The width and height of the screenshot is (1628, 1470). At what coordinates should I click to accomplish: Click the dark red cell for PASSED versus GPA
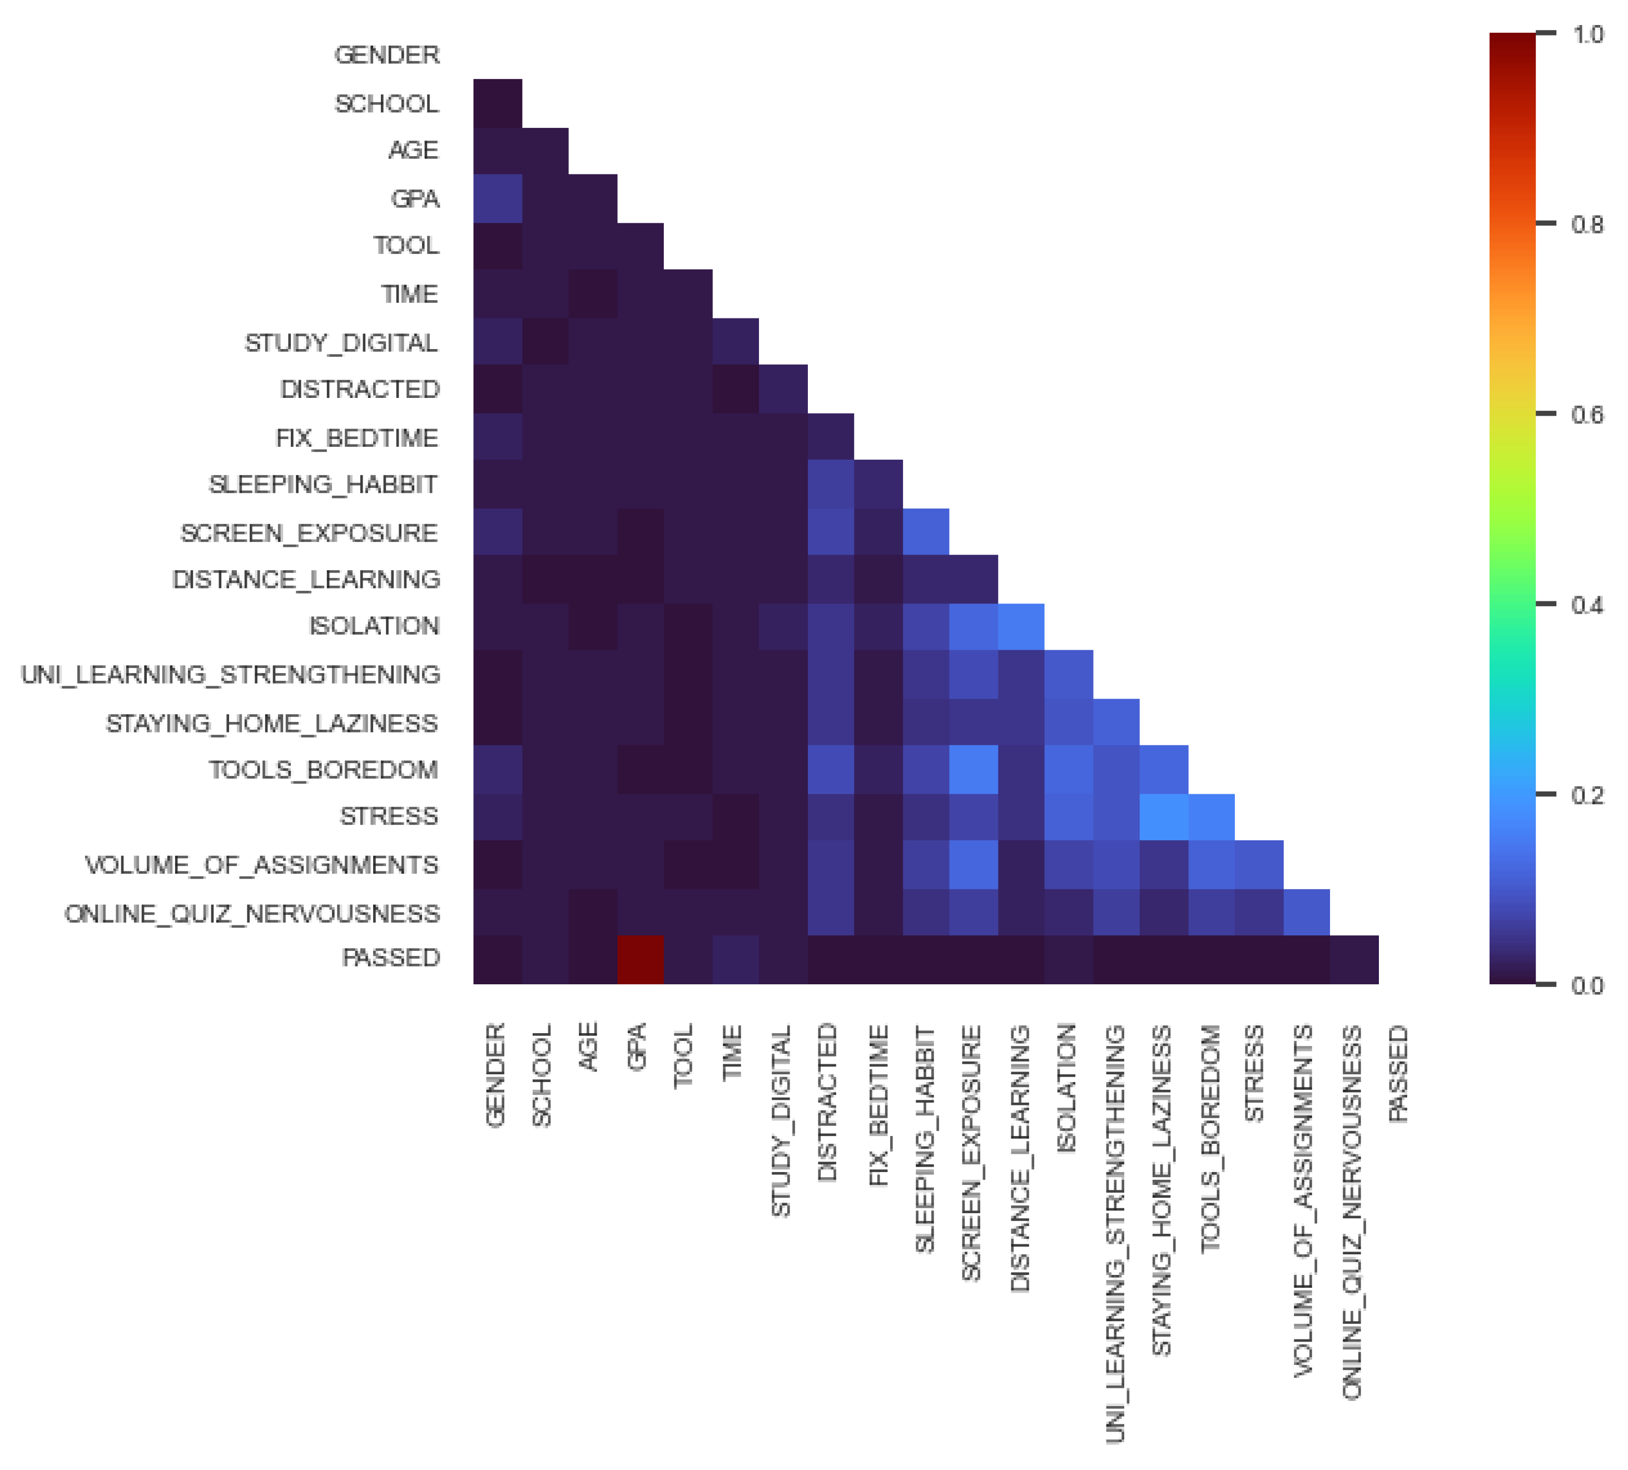(x=641, y=960)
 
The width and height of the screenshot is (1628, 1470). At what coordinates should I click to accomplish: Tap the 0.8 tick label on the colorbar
(x=1587, y=225)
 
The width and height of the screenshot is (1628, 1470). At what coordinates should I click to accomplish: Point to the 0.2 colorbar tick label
(x=1587, y=795)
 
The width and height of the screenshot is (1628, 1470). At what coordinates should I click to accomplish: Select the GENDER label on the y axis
(x=387, y=55)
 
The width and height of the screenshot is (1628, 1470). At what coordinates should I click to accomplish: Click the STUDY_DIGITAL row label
(x=341, y=343)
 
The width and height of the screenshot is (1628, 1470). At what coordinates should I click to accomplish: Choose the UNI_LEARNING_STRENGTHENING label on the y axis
(x=230, y=675)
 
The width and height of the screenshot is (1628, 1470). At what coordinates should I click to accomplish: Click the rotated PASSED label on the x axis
(x=1399, y=1074)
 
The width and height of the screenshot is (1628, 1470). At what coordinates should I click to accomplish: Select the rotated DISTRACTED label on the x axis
(x=827, y=1103)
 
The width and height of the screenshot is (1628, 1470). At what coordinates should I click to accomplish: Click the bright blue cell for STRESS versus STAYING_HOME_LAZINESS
(x=1164, y=817)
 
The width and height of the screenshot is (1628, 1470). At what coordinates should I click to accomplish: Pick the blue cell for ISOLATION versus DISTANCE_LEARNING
(x=1021, y=627)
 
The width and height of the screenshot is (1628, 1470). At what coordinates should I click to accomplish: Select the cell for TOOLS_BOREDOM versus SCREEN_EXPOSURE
(x=973, y=769)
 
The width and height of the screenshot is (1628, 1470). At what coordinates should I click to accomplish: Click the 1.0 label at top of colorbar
(x=1587, y=34)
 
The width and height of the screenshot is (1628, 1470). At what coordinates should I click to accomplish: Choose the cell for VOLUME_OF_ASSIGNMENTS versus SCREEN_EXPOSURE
(x=973, y=865)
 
